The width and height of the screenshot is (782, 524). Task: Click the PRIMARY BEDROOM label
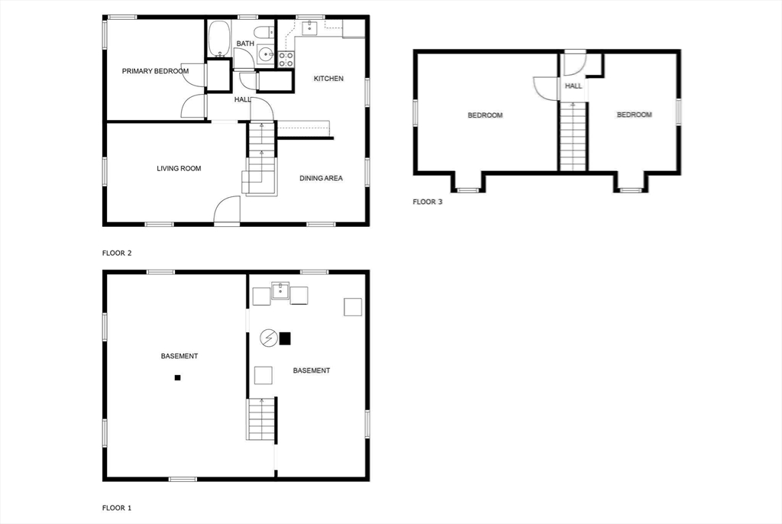(155, 71)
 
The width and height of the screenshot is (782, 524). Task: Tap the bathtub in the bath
(219, 39)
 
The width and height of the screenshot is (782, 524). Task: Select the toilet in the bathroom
(262, 33)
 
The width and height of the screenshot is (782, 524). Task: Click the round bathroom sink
(265, 54)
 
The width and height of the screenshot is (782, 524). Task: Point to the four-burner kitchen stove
(286, 57)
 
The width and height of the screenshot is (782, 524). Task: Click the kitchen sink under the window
(310, 28)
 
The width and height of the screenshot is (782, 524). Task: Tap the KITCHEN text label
(328, 79)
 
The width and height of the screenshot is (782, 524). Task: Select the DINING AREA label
(321, 178)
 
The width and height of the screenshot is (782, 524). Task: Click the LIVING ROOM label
(179, 168)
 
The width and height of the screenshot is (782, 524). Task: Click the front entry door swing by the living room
(227, 210)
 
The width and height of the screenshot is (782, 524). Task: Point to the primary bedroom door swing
(194, 107)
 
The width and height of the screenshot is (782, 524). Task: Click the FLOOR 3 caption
(427, 202)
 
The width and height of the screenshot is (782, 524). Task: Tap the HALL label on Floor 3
(573, 86)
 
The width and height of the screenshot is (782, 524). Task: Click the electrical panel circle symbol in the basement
(268, 338)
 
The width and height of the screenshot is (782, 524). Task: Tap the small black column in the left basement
(178, 377)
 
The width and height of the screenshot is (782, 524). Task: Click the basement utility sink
(280, 291)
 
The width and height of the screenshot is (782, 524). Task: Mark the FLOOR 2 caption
(117, 253)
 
